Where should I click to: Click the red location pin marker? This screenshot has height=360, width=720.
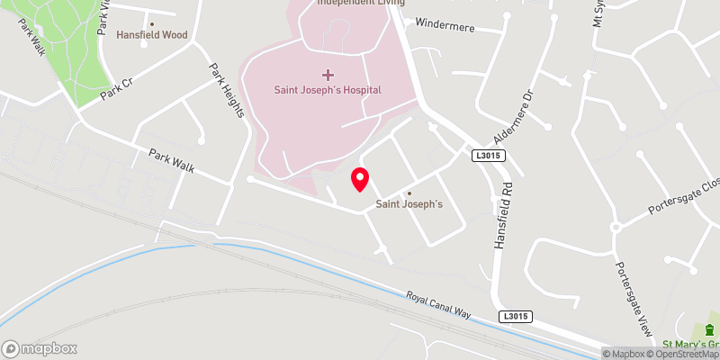click(359, 179)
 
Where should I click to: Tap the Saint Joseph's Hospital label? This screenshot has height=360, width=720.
click(328, 90)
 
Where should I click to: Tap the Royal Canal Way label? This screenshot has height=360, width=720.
click(438, 305)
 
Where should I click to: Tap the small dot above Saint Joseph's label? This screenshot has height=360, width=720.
click(409, 193)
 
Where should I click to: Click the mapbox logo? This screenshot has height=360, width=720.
click(40, 348)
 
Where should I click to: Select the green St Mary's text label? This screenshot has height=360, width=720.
click(690, 344)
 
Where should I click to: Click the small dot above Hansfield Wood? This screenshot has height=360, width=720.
click(151, 23)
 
